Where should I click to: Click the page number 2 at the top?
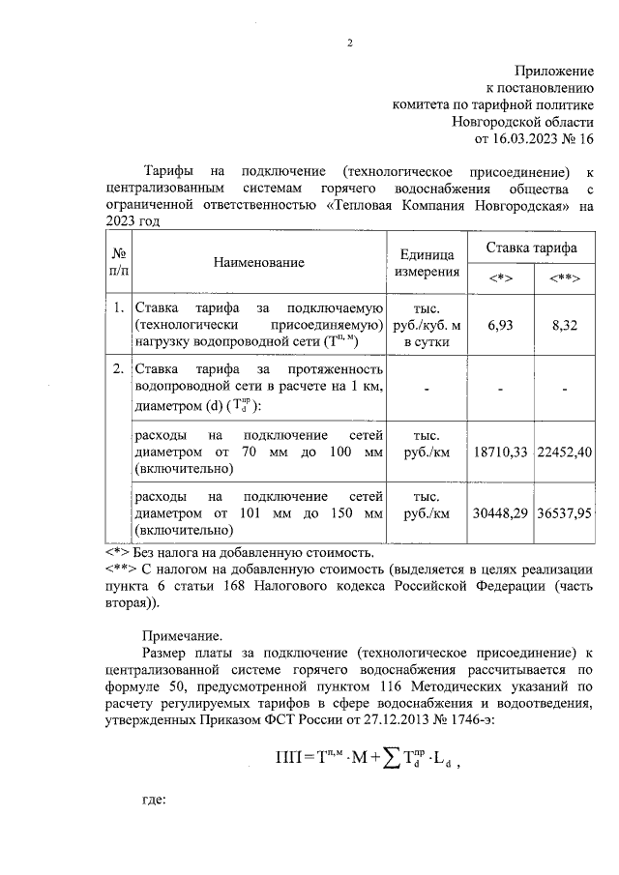(x=350, y=43)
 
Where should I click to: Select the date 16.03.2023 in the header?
(x=523, y=138)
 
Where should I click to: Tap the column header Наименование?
(x=259, y=262)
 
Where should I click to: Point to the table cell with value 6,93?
(x=499, y=325)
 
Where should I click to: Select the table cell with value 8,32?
(x=564, y=325)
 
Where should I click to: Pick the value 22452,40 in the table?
(x=564, y=452)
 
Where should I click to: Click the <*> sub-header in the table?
(x=500, y=279)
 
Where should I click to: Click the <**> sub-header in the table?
(x=564, y=279)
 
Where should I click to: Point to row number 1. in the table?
(x=117, y=309)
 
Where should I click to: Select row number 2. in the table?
(x=117, y=369)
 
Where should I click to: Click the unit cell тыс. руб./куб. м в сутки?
(x=427, y=325)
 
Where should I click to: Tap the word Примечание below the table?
(x=182, y=635)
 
